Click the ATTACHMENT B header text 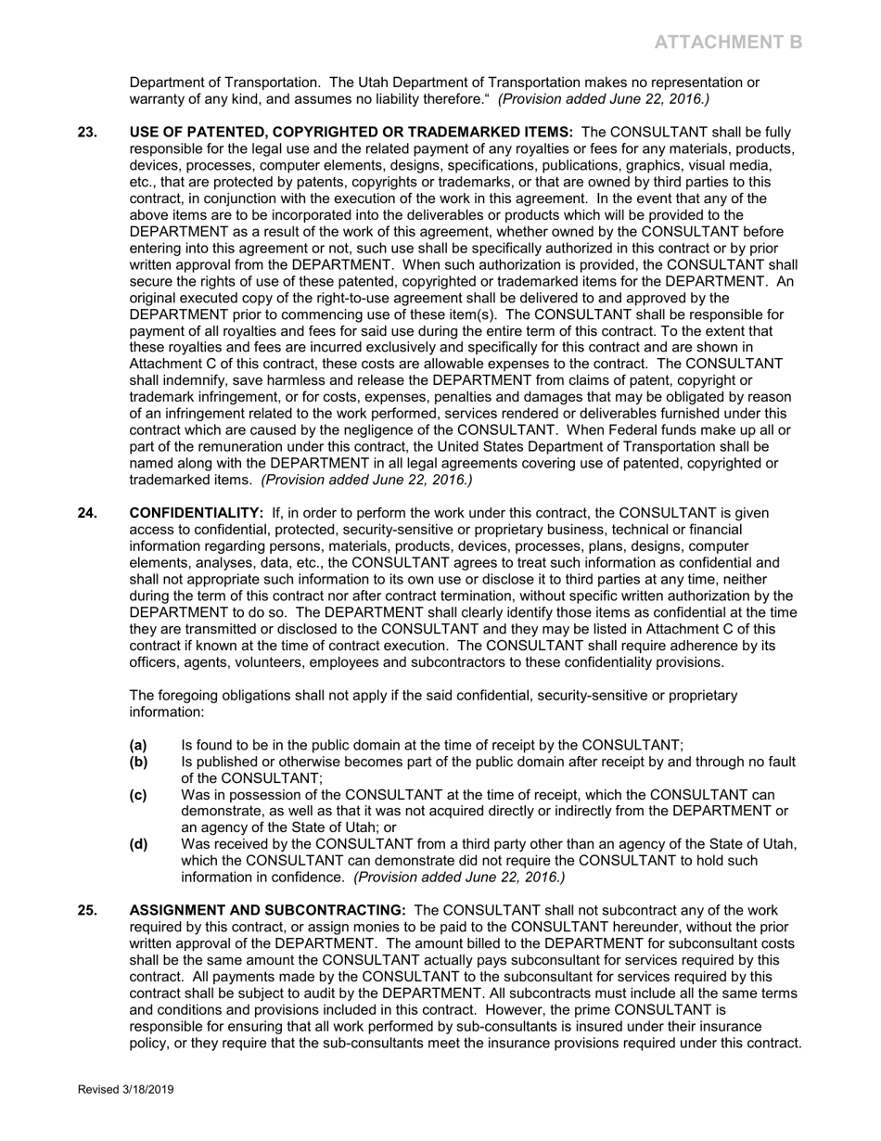click(x=728, y=42)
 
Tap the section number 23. click(x=87, y=133)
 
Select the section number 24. click(x=87, y=513)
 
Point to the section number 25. click(x=87, y=910)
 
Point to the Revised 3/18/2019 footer click(x=125, y=1090)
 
